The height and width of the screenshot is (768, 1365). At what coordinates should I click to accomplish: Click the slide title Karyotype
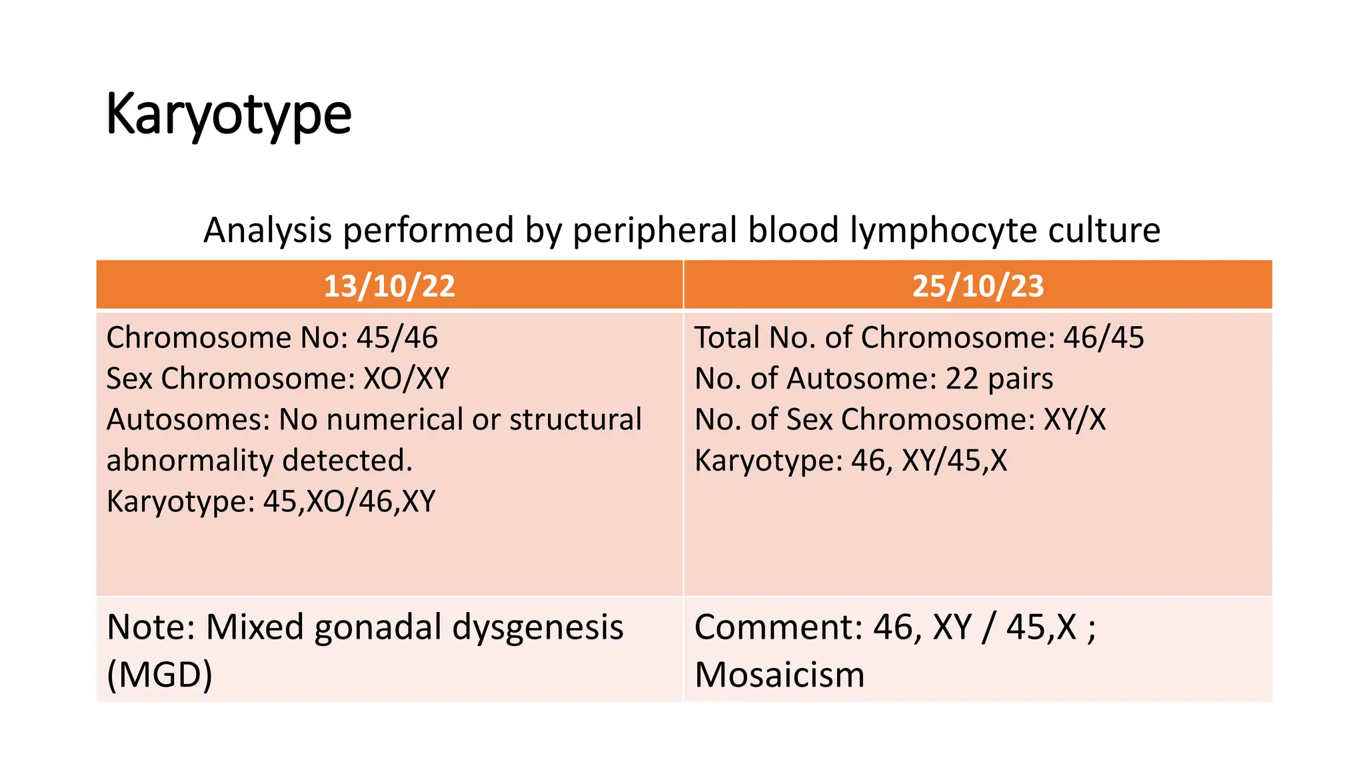coord(228,115)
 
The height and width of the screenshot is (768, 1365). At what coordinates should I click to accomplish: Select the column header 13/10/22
coord(389,286)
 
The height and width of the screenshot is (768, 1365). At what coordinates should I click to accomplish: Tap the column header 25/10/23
coord(978,286)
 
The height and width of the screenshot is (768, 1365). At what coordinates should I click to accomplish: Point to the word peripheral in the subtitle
coord(655,231)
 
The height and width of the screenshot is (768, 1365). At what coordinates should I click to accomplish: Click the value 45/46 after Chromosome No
coord(397,338)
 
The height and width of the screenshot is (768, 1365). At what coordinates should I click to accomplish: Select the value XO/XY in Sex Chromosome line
coord(407,379)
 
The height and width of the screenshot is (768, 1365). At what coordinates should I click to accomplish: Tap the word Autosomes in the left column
coord(188,420)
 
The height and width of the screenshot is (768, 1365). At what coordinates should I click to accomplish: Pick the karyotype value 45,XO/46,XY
coord(349,501)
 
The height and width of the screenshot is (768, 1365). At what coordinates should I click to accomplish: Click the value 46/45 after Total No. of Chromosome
coord(1103,338)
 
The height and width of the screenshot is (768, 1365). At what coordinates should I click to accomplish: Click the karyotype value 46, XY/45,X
coord(929,461)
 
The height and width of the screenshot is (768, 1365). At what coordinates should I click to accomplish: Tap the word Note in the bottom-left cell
coord(150,627)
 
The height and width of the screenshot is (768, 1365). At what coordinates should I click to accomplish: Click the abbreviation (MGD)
coord(160,675)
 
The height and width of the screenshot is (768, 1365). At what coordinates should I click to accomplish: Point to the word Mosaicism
coord(779,675)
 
